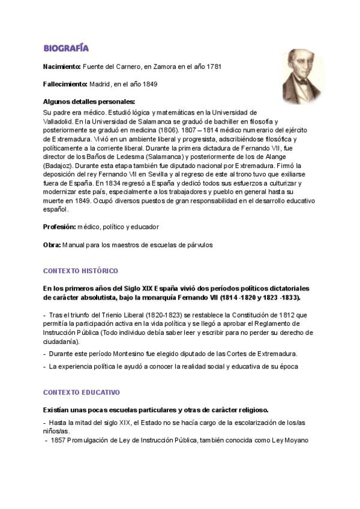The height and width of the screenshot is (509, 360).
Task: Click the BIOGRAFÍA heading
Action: (66, 47)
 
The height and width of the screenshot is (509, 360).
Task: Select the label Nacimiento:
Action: (62, 66)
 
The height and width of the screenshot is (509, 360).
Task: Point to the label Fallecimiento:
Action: (65, 84)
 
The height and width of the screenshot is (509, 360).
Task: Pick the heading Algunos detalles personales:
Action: (89, 101)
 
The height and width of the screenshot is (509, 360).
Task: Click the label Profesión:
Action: (59, 227)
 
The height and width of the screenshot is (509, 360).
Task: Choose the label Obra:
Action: (52, 245)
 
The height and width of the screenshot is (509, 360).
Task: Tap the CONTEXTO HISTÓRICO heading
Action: (80, 271)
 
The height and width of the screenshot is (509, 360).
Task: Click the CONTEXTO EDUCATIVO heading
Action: (82, 393)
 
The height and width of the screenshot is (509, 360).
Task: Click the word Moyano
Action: (295, 441)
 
